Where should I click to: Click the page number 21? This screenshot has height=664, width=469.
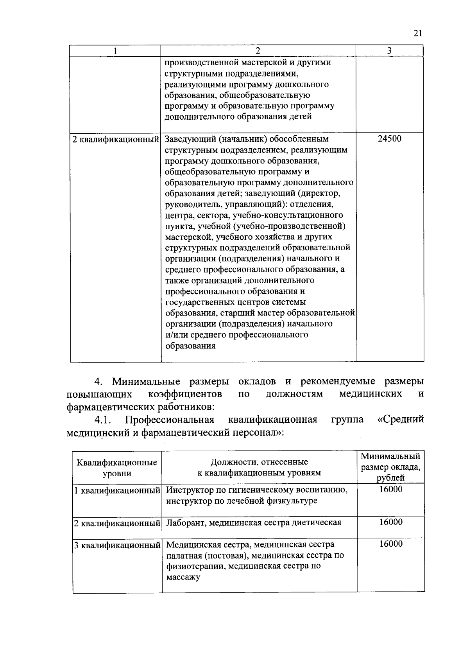(x=417, y=34)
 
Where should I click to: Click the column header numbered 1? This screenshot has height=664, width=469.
(x=115, y=51)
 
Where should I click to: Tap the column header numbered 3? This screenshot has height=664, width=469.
(x=389, y=51)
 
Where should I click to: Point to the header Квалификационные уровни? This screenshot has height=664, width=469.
(x=117, y=468)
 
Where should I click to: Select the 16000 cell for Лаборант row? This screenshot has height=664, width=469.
(x=390, y=522)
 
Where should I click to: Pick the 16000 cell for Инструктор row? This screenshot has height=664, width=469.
(x=390, y=490)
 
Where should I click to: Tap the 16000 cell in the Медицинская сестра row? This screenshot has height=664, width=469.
(x=390, y=544)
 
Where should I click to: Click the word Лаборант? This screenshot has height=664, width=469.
(x=185, y=523)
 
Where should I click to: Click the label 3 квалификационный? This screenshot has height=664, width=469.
(x=117, y=545)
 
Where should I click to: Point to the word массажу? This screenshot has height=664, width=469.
(x=183, y=577)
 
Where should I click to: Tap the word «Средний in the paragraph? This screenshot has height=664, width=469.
(x=401, y=420)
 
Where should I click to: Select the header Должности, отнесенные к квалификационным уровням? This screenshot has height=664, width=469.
(x=259, y=467)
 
